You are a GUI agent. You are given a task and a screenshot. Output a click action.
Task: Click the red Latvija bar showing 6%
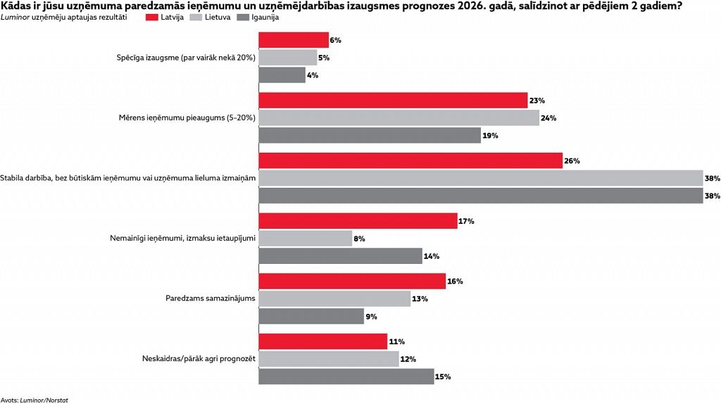(294, 40)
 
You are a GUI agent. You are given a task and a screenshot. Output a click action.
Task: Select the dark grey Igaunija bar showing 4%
(282, 75)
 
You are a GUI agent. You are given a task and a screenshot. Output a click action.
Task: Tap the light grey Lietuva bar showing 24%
(399, 118)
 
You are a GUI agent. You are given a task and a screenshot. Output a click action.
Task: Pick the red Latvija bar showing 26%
(410, 160)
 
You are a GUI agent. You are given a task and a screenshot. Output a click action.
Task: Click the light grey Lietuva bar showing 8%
(306, 239)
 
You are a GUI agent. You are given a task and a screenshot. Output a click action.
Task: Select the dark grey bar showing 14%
(340, 256)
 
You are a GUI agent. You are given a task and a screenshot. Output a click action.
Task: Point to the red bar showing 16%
(352, 282)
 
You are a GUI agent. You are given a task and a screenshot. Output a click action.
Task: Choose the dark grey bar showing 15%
(346, 377)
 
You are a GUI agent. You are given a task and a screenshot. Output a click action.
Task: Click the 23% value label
(537, 101)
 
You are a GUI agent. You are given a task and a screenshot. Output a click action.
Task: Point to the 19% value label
(491, 135)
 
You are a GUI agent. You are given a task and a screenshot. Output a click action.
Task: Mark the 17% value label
(466, 221)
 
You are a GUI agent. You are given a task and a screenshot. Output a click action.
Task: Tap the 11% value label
(397, 341)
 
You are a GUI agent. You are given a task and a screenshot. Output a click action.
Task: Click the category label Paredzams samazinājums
(206, 298)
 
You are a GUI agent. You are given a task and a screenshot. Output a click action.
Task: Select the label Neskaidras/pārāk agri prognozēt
(198, 359)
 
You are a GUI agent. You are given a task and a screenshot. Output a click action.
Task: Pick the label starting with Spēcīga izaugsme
(185, 58)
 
